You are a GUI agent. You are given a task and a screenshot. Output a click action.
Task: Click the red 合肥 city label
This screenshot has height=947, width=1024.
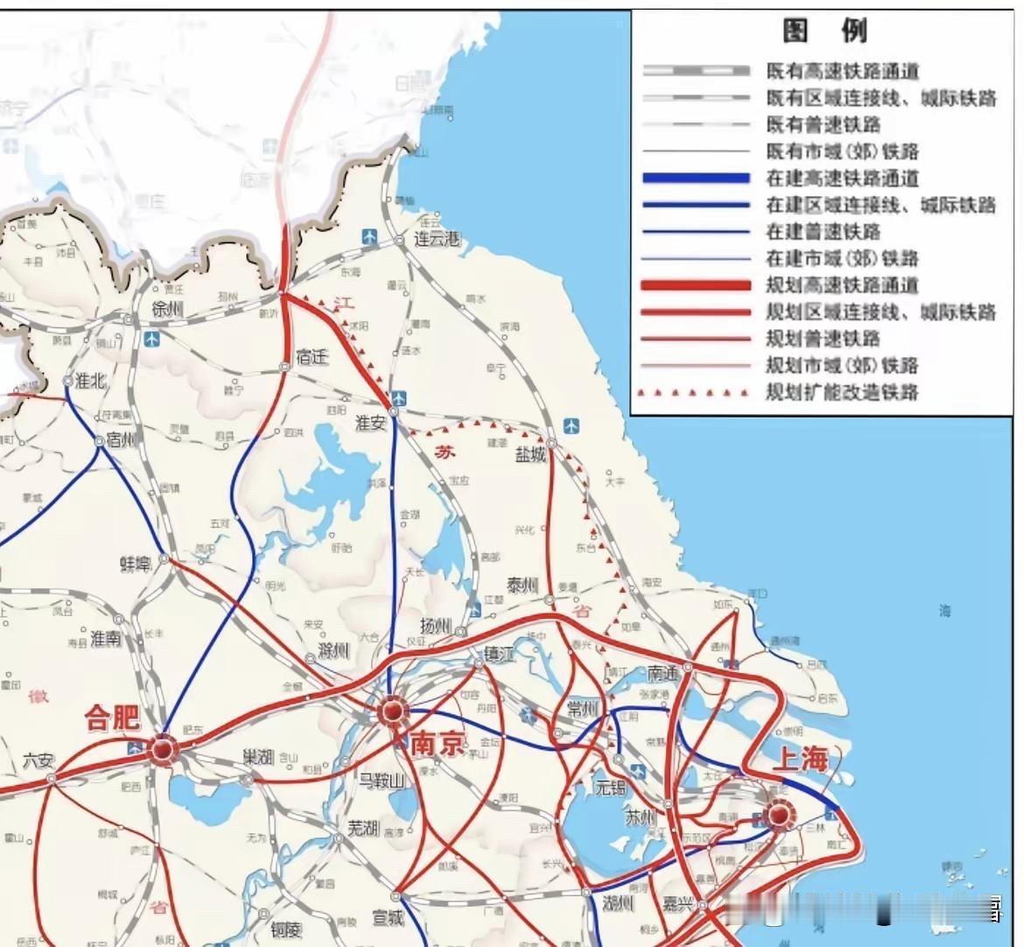coord(111,718)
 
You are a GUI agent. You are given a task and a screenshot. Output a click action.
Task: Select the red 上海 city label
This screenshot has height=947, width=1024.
coord(797,758)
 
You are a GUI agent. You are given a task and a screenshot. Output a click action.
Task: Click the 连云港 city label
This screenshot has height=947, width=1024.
coord(437,239)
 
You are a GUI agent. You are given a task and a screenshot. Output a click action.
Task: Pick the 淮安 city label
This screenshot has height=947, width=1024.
coord(370,422)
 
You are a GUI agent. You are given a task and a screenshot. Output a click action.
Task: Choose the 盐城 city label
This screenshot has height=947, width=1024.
coord(530,454)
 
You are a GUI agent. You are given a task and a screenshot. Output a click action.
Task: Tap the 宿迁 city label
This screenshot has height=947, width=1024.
coord(312,357)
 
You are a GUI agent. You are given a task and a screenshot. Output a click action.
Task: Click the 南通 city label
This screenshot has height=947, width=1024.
coord(663,673)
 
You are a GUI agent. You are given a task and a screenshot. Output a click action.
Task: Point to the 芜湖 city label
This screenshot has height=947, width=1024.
coord(362,827)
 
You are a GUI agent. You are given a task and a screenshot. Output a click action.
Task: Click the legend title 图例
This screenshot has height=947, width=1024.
coord(824,32)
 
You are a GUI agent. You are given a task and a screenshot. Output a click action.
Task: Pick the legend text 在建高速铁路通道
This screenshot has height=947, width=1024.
coord(842,178)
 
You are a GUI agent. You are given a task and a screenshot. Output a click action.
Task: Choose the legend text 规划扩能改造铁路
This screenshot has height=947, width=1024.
coord(842,391)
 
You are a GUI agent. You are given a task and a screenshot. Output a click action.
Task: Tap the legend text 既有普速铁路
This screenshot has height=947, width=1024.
coord(824,124)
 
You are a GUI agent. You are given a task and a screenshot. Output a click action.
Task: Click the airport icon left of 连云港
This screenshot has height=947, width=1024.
coord(371,236)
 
